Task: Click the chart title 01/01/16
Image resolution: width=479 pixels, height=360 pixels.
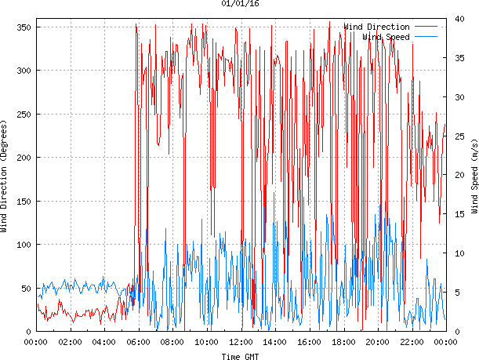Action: click(240, 4)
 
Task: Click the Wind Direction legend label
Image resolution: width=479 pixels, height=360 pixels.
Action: click(376, 27)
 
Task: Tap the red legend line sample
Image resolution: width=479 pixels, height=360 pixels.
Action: click(426, 27)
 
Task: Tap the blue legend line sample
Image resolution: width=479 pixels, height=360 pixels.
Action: click(426, 36)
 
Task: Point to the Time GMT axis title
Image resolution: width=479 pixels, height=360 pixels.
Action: click(240, 356)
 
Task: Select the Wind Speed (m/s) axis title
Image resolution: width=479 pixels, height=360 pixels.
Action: click(474, 177)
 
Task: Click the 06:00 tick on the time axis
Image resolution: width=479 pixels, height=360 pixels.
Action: click(139, 343)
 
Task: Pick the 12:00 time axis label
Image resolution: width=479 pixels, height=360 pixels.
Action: click(241, 343)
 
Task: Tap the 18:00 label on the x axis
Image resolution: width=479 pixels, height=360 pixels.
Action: click(343, 343)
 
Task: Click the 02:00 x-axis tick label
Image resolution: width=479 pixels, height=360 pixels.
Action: click(71, 343)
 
